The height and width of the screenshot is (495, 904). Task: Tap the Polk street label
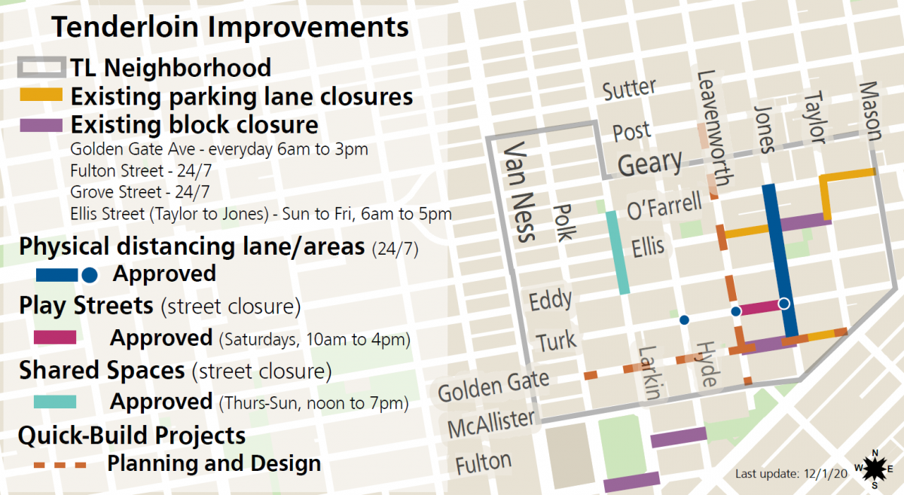point(563,222)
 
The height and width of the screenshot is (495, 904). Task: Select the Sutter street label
point(629,89)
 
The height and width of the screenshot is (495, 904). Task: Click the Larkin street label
point(649,372)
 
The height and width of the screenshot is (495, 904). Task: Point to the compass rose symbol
point(875,469)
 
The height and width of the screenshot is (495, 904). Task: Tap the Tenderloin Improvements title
point(230,27)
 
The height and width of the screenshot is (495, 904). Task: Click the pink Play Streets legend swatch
point(55,337)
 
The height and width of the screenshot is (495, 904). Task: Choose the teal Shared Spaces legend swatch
point(55,402)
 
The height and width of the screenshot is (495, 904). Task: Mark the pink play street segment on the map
point(760,307)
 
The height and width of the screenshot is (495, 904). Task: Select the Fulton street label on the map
point(484,463)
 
